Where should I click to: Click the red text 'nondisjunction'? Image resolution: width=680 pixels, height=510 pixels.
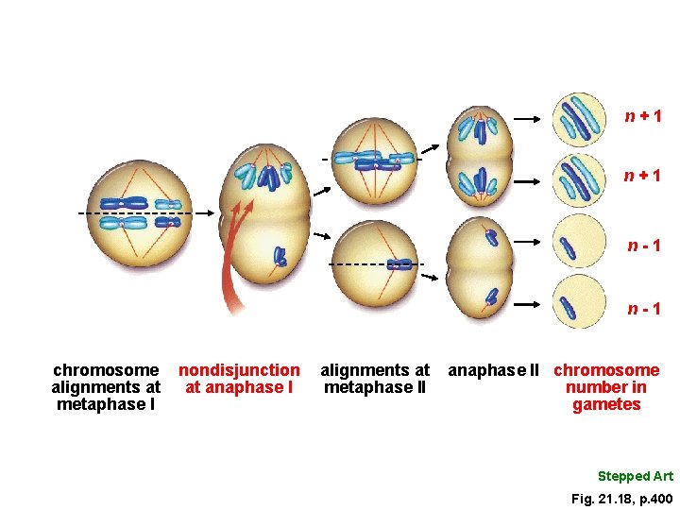(239, 370)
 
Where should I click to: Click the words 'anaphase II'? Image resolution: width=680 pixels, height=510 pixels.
(493, 370)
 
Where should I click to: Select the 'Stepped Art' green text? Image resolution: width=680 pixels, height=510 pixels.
(636, 476)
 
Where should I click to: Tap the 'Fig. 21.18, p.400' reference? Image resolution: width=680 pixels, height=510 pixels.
(621, 498)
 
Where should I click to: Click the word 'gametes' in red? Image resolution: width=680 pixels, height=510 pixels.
(606, 405)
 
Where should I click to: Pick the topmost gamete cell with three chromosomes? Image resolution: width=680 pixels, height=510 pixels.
(578, 118)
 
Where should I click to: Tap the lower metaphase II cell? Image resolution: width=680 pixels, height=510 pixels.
(376, 264)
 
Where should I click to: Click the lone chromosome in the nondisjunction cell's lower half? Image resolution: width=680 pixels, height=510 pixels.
(280, 256)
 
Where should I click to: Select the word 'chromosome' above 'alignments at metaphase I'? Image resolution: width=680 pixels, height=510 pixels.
(106, 370)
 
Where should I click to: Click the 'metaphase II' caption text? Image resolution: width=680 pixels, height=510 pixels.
(375, 387)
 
